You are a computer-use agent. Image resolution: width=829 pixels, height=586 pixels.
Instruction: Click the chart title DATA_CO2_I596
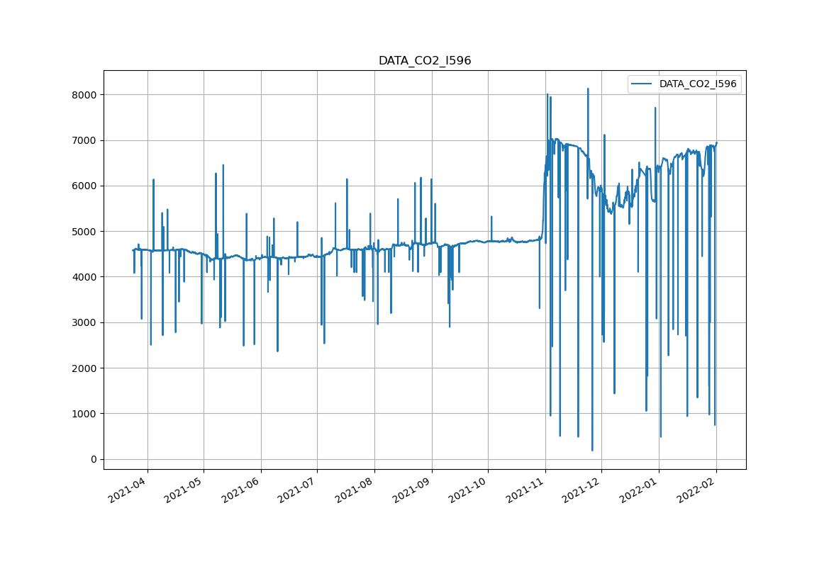tap(424, 61)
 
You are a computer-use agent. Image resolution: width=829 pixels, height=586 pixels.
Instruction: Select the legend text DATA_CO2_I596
tap(698, 84)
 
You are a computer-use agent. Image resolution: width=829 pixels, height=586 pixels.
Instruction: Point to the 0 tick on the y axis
tap(93, 459)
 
